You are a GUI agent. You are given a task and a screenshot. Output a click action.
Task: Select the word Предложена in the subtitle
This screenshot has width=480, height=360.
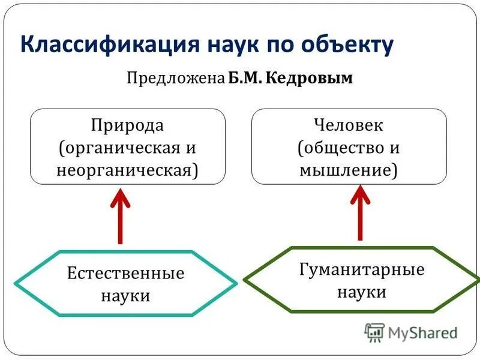(175, 79)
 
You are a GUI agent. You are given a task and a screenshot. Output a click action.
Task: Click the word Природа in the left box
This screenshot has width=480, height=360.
(127, 126)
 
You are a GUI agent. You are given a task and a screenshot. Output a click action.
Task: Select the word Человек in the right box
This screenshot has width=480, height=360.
(349, 126)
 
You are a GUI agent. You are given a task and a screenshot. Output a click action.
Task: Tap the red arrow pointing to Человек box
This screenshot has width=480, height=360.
(360, 212)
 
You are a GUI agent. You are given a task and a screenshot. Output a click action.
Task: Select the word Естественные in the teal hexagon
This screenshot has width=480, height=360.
(125, 274)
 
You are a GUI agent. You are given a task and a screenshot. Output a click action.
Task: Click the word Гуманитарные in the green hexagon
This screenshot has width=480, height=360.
(361, 269)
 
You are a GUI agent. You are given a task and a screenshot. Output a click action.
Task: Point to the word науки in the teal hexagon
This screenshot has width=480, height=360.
(125, 295)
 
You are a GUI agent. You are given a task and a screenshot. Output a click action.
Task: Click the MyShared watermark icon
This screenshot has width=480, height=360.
(374, 332)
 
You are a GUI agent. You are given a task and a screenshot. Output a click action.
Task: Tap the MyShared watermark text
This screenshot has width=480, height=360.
(422, 332)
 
